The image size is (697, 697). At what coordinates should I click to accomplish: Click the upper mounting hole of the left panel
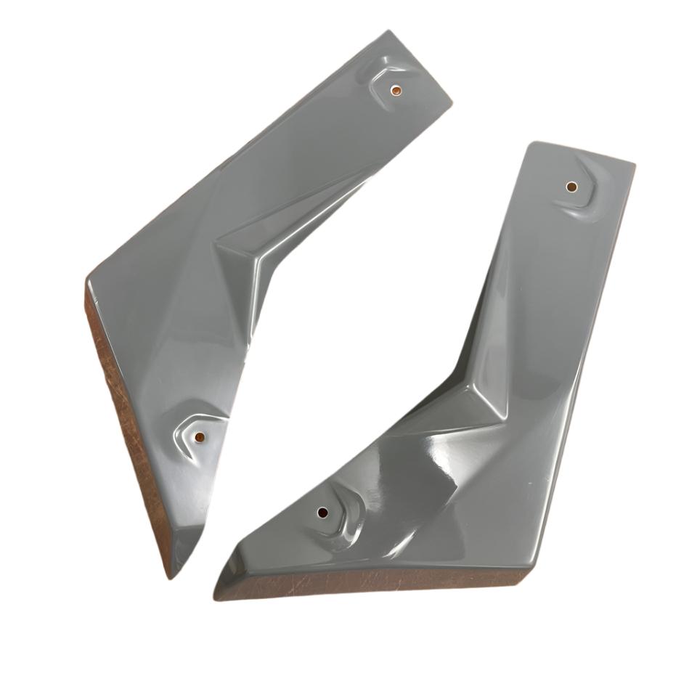pos(396,91)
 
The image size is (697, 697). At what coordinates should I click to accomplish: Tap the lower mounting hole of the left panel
pos(199,437)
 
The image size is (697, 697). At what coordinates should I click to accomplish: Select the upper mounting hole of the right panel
pos(571,187)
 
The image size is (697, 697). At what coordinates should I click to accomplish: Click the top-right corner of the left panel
pos(451,100)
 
